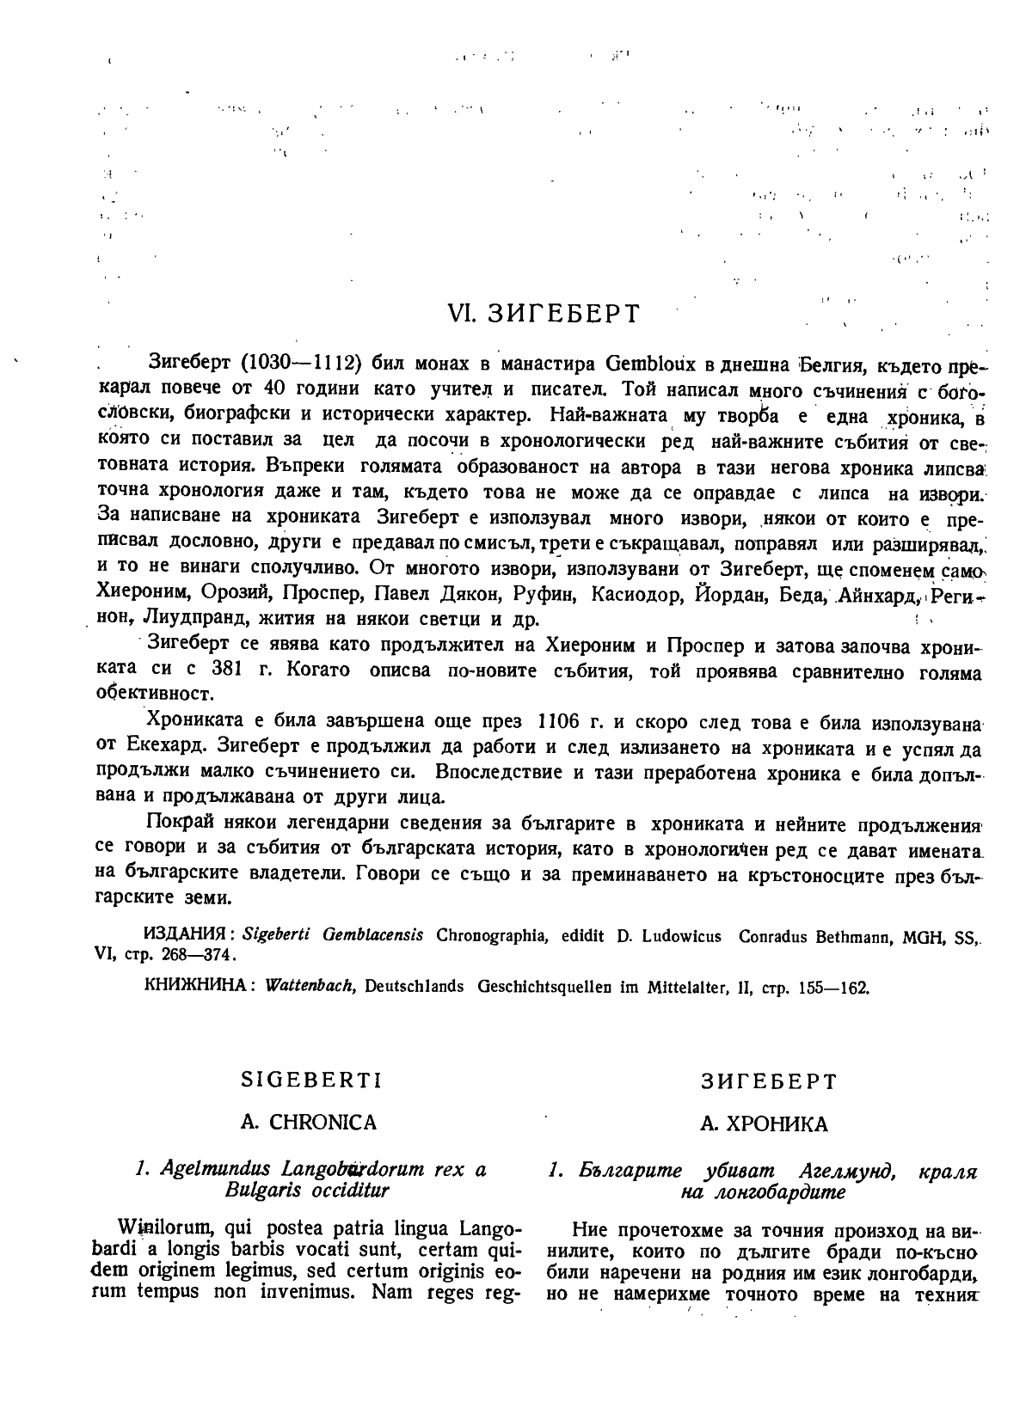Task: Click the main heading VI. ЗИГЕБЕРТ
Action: click(544, 314)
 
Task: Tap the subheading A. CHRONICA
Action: click(308, 1123)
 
